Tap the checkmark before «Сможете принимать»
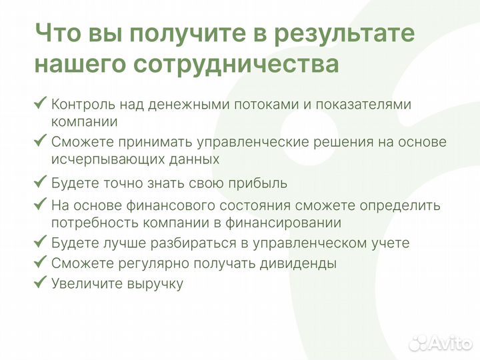[40, 141]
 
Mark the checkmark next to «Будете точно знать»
[40, 181]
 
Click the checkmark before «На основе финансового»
[40, 203]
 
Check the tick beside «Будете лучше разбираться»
[40, 241]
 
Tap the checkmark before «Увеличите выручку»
[40, 281]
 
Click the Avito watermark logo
[439, 343]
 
